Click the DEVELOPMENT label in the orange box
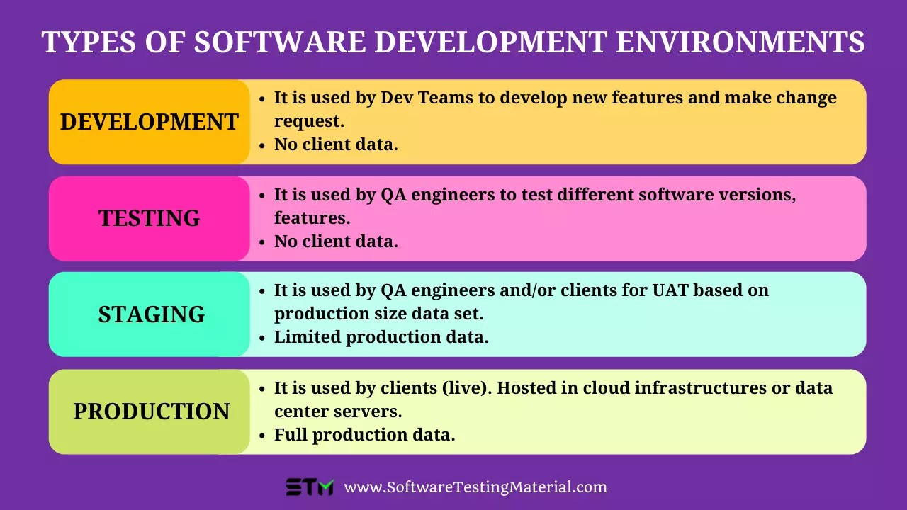pyautogui.click(x=149, y=122)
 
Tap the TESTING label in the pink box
pyautogui.click(x=149, y=218)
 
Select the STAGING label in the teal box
pyautogui.click(x=151, y=314)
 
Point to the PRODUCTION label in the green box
pyautogui.click(x=151, y=412)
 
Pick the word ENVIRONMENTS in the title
pyautogui.click(x=740, y=42)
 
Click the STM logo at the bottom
pyautogui.click(x=310, y=487)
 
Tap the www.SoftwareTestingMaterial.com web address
pyautogui.click(x=475, y=487)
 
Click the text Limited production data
pyautogui.click(x=381, y=337)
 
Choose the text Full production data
pyautogui.click(x=364, y=435)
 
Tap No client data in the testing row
pyautogui.click(x=336, y=242)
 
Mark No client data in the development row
pyautogui.click(x=336, y=144)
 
